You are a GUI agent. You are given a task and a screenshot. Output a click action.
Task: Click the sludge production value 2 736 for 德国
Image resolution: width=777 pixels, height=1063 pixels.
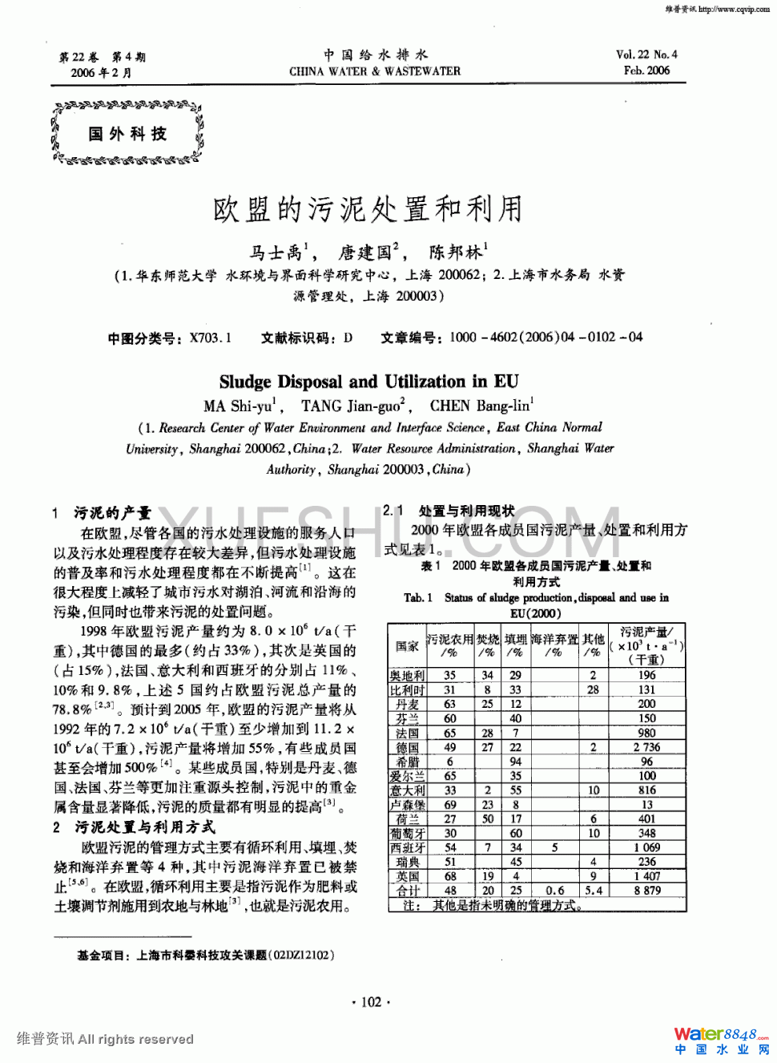tap(646, 747)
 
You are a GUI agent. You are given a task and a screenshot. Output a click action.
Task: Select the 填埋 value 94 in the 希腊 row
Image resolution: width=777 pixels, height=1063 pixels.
tap(516, 762)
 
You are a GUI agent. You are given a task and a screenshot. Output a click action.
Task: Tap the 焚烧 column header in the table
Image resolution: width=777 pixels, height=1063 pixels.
tap(487, 640)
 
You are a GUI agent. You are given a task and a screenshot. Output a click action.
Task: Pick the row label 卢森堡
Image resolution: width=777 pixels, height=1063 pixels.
tap(407, 805)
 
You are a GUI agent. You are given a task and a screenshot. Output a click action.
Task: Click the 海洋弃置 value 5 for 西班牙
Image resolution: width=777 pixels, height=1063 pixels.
tap(554, 847)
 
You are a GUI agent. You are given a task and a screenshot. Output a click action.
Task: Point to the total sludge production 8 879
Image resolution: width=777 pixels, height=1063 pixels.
tap(647, 891)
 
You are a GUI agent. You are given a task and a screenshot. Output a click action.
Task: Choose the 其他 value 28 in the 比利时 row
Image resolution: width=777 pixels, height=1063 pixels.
tap(593, 689)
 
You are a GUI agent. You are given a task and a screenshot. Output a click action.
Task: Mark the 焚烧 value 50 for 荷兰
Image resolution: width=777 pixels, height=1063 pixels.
tap(487, 818)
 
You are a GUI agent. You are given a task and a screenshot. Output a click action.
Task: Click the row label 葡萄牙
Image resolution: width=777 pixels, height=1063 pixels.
tap(407, 833)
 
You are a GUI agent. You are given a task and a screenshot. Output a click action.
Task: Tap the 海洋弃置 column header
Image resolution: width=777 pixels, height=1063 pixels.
tap(554, 640)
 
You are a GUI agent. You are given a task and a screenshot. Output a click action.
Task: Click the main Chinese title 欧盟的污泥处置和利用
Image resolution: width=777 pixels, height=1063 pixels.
tap(368, 209)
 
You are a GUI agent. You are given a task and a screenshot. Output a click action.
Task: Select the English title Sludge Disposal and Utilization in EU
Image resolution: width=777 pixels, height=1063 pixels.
tap(368, 382)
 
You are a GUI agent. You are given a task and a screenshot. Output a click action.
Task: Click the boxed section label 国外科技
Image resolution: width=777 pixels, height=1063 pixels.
tap(127, 134)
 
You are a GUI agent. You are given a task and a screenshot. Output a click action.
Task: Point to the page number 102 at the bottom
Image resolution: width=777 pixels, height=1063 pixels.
tap(371, 1001)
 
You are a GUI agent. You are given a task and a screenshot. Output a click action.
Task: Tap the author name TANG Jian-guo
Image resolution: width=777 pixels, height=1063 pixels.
tap(352, 406)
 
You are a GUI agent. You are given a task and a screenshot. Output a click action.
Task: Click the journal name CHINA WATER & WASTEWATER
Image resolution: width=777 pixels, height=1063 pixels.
tap(375, 71)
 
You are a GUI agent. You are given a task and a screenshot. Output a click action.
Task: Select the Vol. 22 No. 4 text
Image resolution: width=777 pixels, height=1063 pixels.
tap(646, 55)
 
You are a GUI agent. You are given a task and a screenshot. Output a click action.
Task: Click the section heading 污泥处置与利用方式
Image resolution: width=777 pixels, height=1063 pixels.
tap(144, 827)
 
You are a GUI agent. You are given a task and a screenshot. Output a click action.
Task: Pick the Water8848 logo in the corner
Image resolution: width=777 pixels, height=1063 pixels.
tap(720, 1040)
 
